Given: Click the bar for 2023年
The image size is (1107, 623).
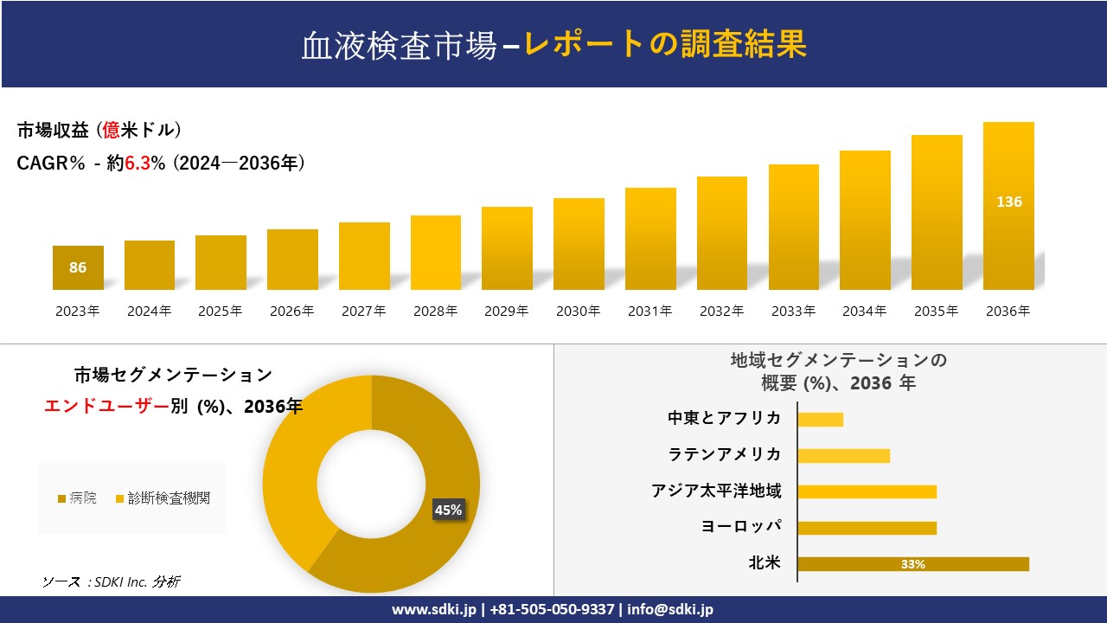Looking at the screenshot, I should pyautogui.click(x=78, y=267).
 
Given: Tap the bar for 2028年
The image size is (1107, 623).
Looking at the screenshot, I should pyautogui.click(x=435, y=253).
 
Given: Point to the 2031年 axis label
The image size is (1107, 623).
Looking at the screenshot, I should pyautogui.click(x=649, y=311).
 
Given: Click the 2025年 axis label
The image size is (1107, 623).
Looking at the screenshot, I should pyautogui.click(x=221, y=311).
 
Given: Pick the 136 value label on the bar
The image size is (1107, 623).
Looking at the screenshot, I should pyautogui.click(x=1008, y=202).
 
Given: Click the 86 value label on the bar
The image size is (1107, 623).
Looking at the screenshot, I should pyautogui.click(x=78, y=267).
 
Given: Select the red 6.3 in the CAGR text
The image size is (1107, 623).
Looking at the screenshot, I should pyautogui.click(x=138, y=164).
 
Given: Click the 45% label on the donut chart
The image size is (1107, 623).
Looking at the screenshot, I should pyautogui.click(x=448, y=510).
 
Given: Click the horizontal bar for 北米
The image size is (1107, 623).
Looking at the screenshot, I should pyautogui.click(x=912, y=564).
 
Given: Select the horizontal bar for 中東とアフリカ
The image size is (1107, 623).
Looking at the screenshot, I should pyautogui.click(x=820, y=420).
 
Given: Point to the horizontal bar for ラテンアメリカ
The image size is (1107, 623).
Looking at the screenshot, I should pyautogui.click(x=843, y=456).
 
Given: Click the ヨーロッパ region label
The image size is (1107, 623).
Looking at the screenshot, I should pyautogui.click(x=741, y=527).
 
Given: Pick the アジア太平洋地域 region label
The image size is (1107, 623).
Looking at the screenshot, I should pyautogui.click(x=716, y=491).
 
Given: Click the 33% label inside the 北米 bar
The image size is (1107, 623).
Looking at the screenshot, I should pyautogui.click(x=912, y=564).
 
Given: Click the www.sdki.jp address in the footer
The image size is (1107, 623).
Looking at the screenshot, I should pyautogui.click(x=433, y=609).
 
